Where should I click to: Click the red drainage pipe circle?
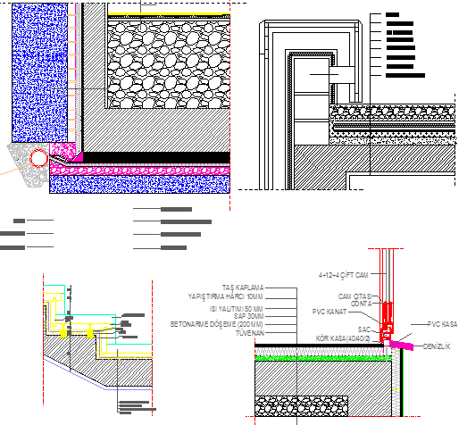coord(38,159)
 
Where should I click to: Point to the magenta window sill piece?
coord(403,342)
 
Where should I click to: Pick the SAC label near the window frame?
coord(364,329)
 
